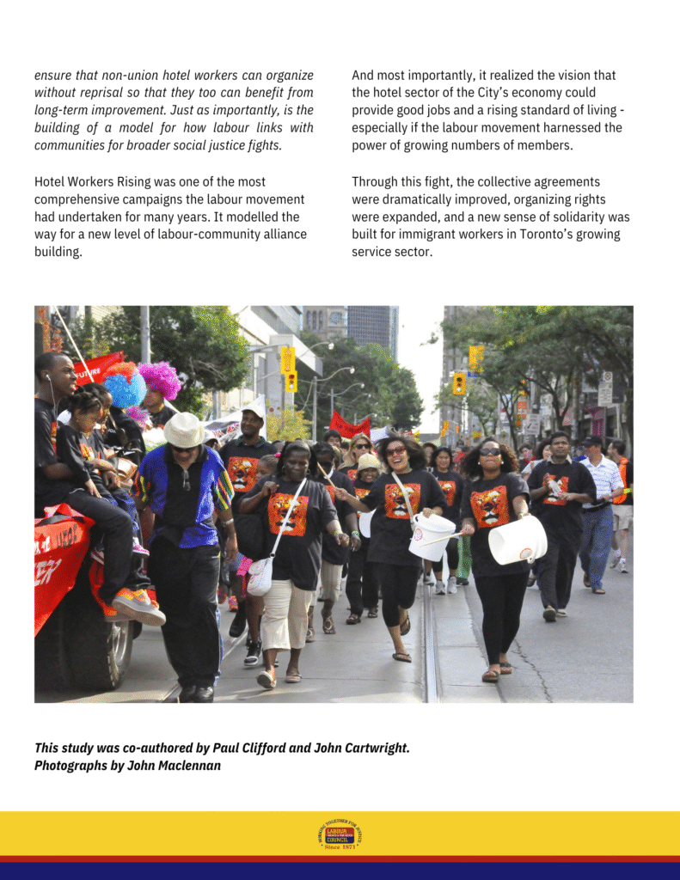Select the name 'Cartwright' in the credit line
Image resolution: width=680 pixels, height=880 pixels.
372,748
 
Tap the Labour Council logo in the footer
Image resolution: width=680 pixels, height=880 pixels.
340,834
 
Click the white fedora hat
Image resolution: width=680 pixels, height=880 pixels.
184,430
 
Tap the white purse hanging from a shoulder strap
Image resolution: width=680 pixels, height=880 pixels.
260,576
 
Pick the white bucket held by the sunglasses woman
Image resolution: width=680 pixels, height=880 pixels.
517,541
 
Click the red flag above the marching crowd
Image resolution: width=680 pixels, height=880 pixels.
348,425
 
